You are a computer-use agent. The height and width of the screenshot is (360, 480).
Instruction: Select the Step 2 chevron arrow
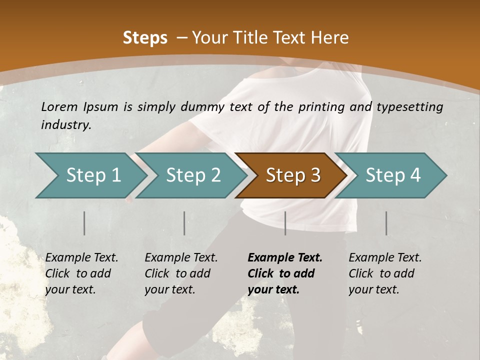pos(192,175)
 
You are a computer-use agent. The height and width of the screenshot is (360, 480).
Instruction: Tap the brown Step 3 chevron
pos(292,175)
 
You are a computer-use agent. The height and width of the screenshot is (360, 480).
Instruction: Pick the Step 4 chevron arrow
pos(392,175)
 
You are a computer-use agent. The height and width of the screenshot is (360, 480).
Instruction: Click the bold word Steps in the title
pos(145,38)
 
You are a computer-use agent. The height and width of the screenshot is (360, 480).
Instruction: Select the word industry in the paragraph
pos(65,125)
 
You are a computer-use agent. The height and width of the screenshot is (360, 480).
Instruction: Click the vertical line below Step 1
pos(84,223)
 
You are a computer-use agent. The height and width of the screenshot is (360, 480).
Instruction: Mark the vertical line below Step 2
pos(184,223)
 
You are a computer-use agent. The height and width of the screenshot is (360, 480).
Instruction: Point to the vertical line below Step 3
pos(285,223)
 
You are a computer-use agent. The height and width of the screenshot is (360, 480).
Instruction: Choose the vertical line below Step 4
pos(386,223)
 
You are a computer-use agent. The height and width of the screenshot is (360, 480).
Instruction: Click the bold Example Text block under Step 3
pos(284,273)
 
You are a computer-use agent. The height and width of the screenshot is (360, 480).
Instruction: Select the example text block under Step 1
pos(81,273)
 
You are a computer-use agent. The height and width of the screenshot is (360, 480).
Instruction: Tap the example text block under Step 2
pos(181,273)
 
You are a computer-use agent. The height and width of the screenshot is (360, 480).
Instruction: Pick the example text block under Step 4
pos(385,273)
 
